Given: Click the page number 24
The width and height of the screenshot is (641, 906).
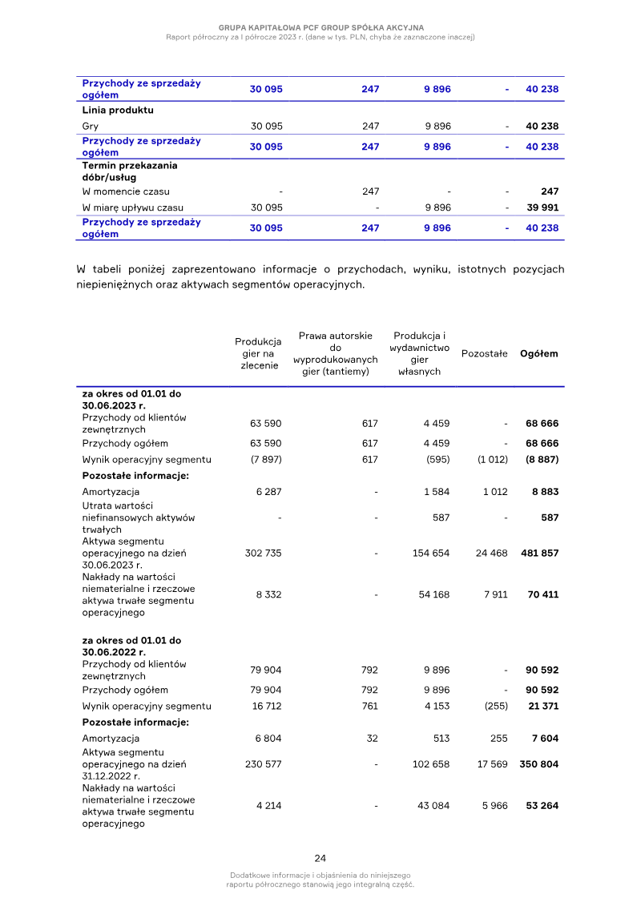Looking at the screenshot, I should [320, 858].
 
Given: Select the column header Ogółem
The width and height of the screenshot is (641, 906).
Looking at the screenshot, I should [539, 353].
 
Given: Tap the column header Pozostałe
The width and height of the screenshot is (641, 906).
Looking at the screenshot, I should [484, 353].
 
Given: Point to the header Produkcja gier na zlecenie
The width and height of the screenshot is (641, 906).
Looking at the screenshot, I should [259, 353].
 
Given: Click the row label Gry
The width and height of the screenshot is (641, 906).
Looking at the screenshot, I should [91, 126].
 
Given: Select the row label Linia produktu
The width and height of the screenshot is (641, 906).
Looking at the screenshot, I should [118, 110].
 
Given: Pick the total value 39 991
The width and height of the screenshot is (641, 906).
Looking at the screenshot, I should [542, 207].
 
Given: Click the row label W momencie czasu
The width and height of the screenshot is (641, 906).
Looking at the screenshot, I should [126, 191].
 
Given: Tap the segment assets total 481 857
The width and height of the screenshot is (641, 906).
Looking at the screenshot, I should [539, 554].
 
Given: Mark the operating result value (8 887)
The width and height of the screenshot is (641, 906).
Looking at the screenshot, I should [541, 459].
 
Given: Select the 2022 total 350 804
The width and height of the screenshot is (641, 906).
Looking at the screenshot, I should [539, 764].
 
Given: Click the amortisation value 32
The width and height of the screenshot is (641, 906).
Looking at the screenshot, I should [372, 738].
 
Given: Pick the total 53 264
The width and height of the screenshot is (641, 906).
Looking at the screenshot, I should [542, 805].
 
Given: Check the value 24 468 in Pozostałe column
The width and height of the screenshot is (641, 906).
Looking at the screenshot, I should [492, 554].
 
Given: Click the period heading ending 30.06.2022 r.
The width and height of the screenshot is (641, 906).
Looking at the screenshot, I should [131, 646].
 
